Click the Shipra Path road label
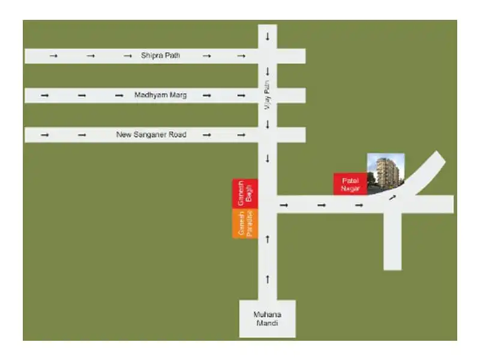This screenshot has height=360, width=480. pos(160,56)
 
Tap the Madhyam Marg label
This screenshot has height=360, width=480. pos(160,95)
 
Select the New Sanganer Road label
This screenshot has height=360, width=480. pos(151,135)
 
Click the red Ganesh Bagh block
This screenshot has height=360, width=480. pos(245,194)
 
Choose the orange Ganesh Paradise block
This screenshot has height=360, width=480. pos(245,223)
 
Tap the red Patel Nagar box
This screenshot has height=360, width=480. pos(350,184)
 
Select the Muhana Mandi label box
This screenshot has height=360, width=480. pos(267,319)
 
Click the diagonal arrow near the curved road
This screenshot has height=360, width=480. pos(392,197)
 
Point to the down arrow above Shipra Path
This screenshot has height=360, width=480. pos(268,37)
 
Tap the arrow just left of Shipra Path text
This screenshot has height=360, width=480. pos(127,56)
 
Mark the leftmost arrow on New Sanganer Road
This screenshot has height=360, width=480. pos(44,135)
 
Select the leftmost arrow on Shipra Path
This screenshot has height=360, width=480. pos(53,56)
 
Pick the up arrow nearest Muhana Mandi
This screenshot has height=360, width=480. pos(268,279)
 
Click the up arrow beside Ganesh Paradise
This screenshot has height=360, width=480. pos(268,239)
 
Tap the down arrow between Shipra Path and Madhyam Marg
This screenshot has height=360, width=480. pos(268,72)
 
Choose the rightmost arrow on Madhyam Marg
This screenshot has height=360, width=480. pos(241,95)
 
